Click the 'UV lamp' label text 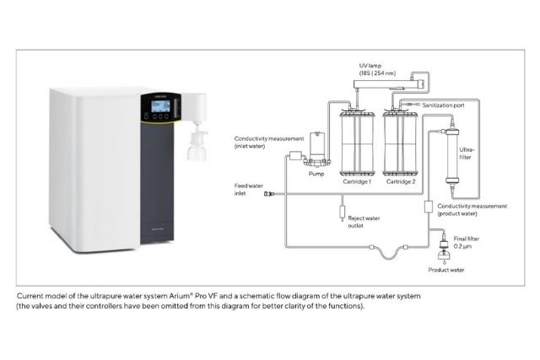pos(370,66)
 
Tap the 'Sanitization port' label pos(443,105)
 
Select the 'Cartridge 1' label pos(357,181)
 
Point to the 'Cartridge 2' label pos(401,181)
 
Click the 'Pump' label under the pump pos(316,174)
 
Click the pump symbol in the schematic pos(317,148)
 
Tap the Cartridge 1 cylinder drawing pos(357,142)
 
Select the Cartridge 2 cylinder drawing pos(400,142)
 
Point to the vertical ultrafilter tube pos(452,156)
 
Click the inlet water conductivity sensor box pos(295,156)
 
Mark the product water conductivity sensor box pos(428,207)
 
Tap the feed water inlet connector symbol pos(269,194)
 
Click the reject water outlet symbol pos(342,212)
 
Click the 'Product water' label pos(446,270)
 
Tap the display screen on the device pos(160,106)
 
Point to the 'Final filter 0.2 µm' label pos(466,242)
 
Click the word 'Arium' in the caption pos(179,296)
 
